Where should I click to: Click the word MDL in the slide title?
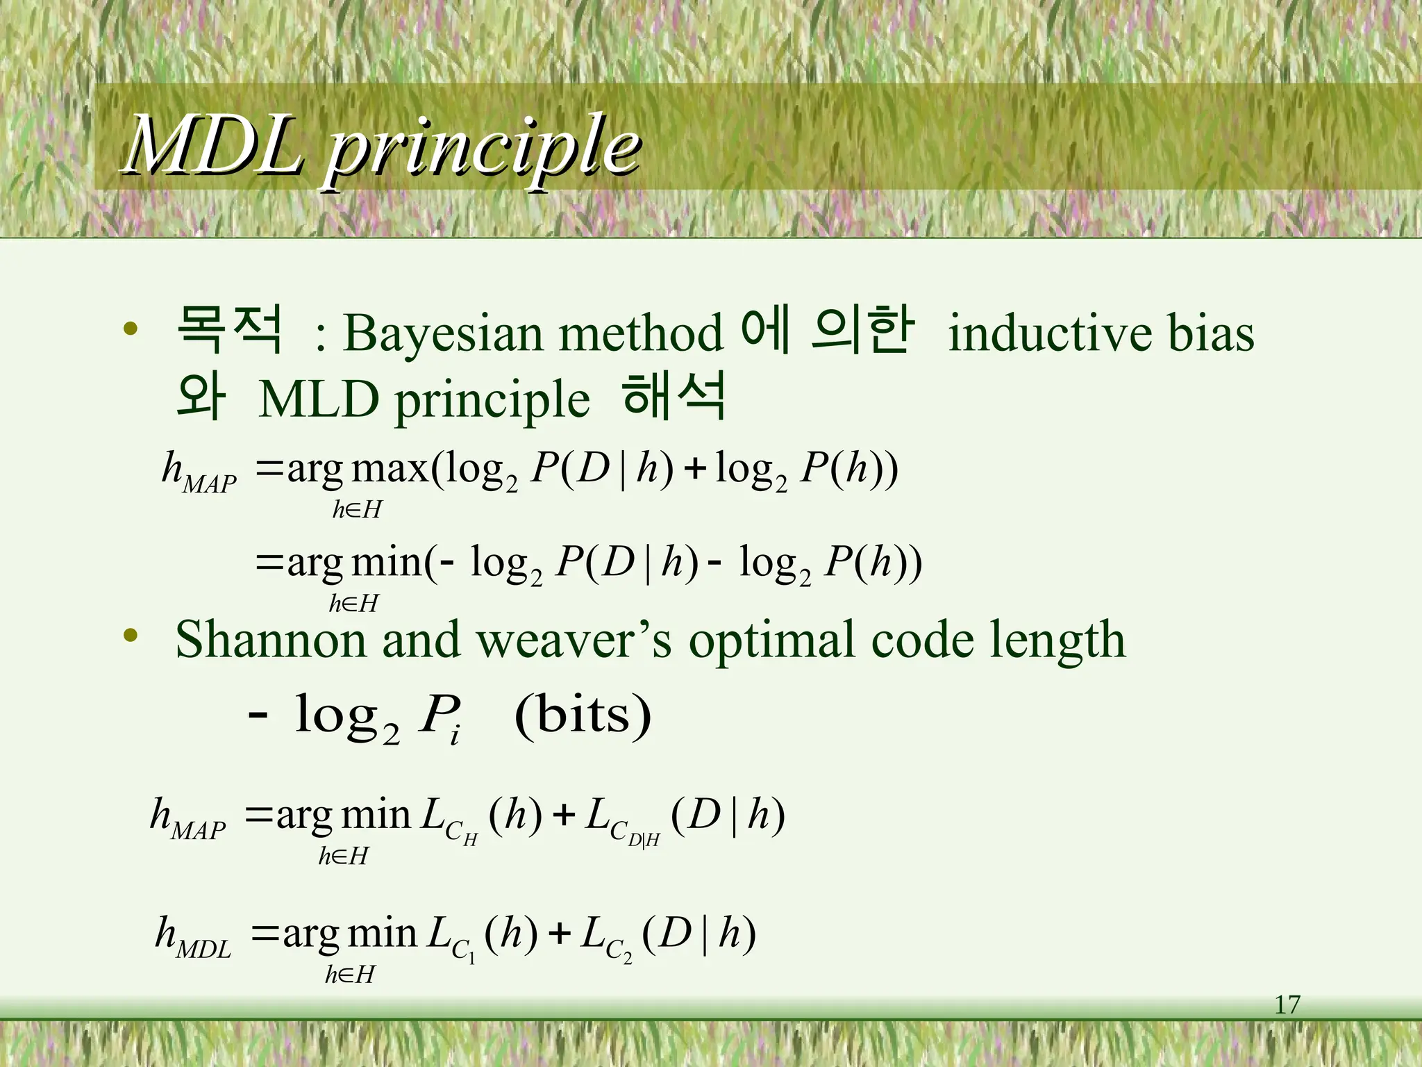(x=214, y=146)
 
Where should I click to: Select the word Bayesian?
(x=442, y=333)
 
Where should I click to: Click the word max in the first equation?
(x=390, y=469)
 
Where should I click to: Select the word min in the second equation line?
(x=385, y=563)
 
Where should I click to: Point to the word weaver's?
(x=574, y=639)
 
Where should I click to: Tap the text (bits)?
(x=583, y=716)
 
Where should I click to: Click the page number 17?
(x=1287, y=1005)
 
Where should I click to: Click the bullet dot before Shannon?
(x=131, y=635)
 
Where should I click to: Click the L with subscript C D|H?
(x=620, y=820)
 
